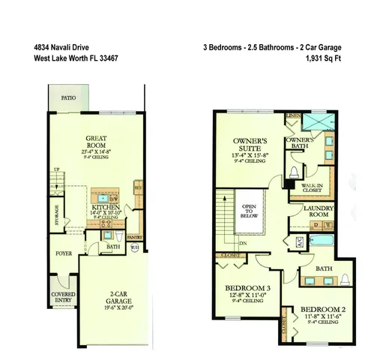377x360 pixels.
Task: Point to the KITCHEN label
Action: pyautogui.click(x=106, y=207)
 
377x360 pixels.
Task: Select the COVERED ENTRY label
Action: pyautogui.click(x=62, y=296)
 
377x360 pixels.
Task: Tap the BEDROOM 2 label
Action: pyautogui.click(x=323, y=309)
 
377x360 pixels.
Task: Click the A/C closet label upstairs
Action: pyautogui.click(x=298, y=241)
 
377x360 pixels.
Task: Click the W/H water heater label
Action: pyautogui.click(x=136, y=247)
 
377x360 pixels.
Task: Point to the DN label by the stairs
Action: pyautogui.click(x=243, y=243)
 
